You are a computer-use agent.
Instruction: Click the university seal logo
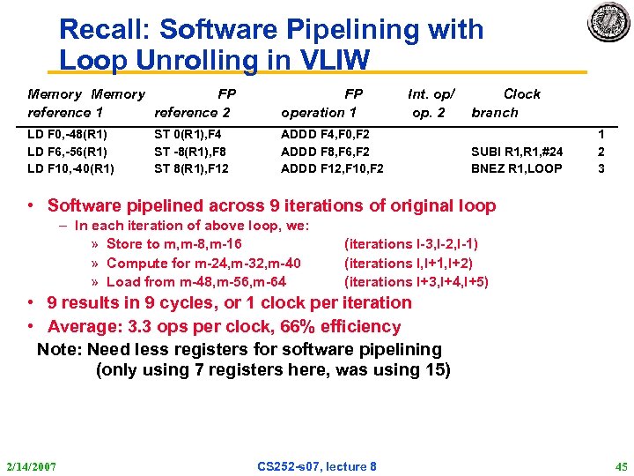tap(608, 24)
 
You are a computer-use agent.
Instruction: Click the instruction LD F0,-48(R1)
tap(68, 135)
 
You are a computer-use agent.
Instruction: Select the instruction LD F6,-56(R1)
tap(68, 152)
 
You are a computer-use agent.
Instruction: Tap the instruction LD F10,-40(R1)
tap(71, 168)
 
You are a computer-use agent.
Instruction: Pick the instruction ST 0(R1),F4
tap(188, 135)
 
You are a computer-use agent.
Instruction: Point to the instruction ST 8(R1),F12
tap(191, 168)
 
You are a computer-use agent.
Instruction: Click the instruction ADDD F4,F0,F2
tap(325, 135)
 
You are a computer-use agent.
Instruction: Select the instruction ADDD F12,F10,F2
tap(332, 168)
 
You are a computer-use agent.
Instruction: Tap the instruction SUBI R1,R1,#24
tap(517, 152)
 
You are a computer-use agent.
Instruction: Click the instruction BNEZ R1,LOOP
tap(517, 168)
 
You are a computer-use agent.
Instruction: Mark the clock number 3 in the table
tap(601, 168)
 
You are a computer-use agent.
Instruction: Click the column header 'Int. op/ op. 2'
tap(430, 103)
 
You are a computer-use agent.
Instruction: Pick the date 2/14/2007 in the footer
tap(32, 465)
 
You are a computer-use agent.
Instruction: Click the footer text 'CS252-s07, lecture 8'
tap(317, 465)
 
